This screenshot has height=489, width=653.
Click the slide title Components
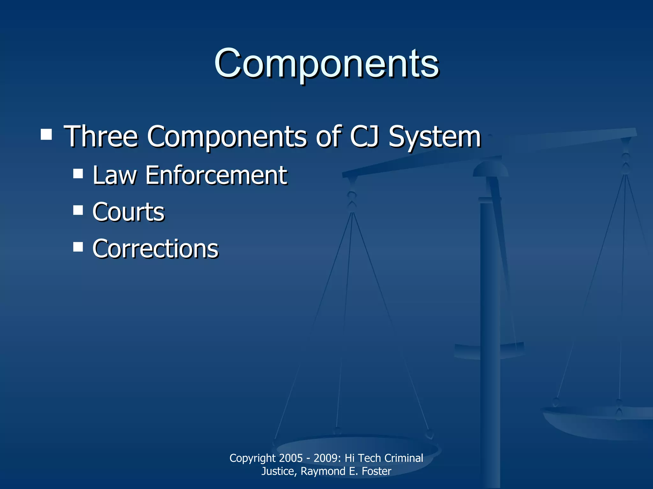point(326,63)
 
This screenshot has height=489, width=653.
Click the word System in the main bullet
point(435,137)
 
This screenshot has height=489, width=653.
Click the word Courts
point(128,212)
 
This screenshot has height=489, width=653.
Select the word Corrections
point(155,249)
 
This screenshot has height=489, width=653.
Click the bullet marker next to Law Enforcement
point(78,174)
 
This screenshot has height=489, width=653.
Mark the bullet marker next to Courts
point(78,210)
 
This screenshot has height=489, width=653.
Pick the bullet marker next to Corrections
point(78,247)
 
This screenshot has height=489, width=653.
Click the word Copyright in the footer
point(253,458)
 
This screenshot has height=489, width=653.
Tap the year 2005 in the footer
point(290,458)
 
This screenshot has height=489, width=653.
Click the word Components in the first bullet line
point(227,137)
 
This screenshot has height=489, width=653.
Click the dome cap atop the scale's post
point(490,169)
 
